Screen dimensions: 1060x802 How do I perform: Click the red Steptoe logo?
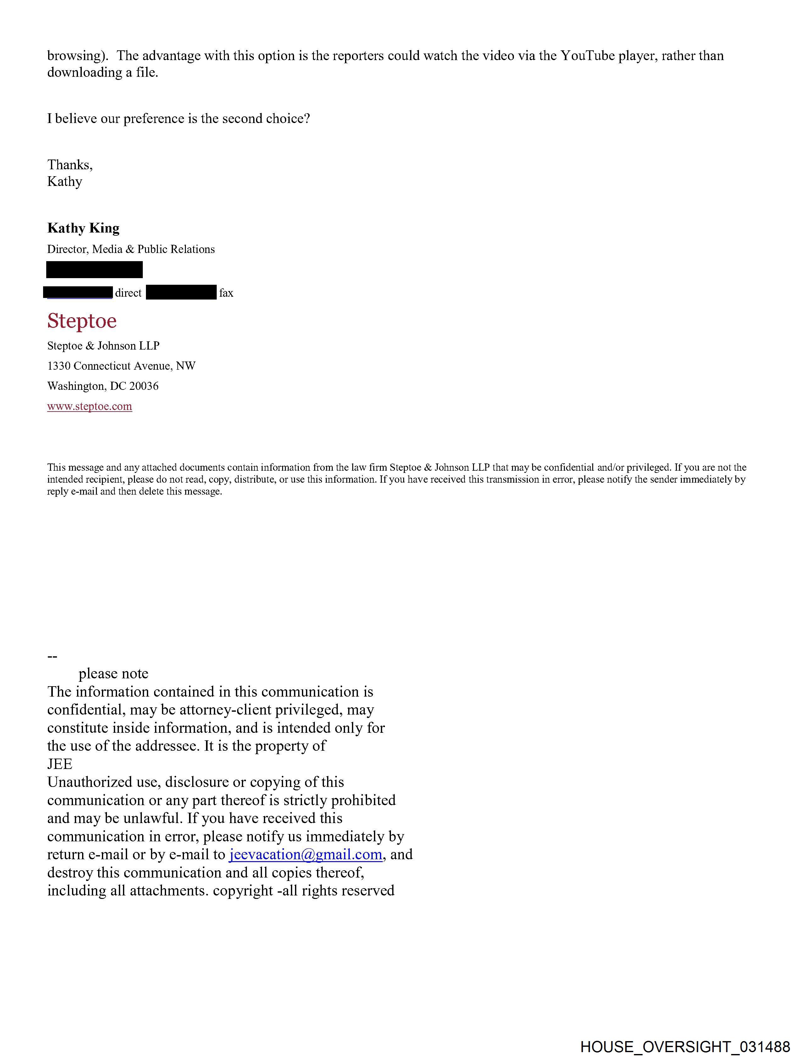pyautogui.click(x=82, y=321)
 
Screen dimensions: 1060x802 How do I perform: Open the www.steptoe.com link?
pyautogui.click(x=90, y=407)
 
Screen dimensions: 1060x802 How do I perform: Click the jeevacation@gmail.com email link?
pyautogui.click(x=306, y=855)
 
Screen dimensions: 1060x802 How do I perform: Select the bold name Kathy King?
pyautogui.click(x=83, y=228)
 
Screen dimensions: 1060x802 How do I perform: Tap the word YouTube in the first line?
pyautogui.click(x=588, y=56)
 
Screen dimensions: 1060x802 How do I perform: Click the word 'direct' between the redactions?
pyautogui.click(x=128, y=293)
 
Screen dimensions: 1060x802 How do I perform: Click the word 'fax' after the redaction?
pyautogui.click(x=226, y=293)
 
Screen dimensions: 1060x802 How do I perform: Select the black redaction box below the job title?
pyautogui.click(x=94, y=270)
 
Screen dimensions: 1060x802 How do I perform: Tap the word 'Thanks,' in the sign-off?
pyautogui.click(x=70, y=165)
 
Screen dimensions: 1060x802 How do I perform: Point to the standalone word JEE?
pyautogui.click(x=60, y=764)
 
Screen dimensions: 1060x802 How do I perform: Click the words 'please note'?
pyautogui.click(x=114, y=674)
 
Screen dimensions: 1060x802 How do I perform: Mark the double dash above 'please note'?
pyautogui.click(x=52, y=656)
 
